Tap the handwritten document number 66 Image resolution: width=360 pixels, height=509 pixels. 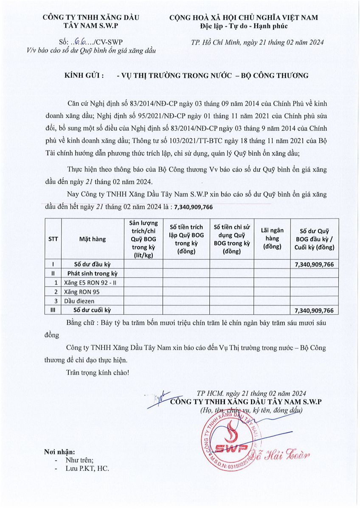[79, 42]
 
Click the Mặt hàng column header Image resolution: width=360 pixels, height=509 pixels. [93, 239]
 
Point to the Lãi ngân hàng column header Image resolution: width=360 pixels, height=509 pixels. [272, 239]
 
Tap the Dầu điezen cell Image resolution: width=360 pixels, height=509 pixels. [79, 301]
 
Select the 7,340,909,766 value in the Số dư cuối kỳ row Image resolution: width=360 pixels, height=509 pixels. [314, 310]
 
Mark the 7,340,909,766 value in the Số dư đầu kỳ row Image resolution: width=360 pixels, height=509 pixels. [314, 264]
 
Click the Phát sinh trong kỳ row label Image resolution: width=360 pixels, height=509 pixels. [93, 274]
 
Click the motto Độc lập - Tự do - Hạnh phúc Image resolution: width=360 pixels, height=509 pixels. [244, 26]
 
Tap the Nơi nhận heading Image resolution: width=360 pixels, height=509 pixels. [59, 452]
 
